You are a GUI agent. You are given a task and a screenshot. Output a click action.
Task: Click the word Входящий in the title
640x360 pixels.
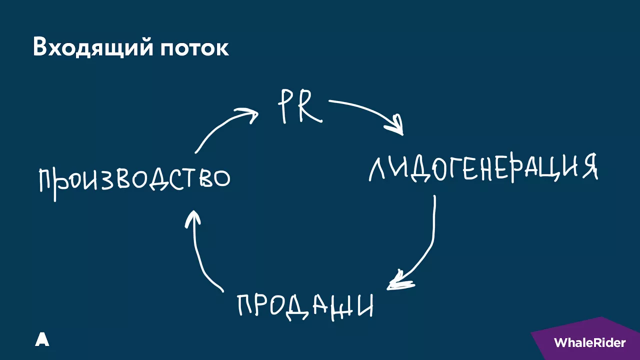click(93, 47)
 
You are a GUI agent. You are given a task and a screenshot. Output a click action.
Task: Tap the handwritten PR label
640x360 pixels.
click(300, 106)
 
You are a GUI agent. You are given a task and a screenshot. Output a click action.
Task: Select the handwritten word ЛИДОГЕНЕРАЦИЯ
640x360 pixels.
click(483, 168)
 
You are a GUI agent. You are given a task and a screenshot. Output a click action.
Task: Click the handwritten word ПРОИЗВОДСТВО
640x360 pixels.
click(134, 181)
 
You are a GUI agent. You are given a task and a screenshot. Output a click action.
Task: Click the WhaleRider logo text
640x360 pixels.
click(589, 342)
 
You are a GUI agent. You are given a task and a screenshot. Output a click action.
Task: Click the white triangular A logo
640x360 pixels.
click(42, 339)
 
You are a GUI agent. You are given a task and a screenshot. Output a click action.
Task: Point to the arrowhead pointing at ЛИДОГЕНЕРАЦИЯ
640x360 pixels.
click(395, 125)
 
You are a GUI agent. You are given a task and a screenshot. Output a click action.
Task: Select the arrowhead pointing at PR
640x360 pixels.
click(248, 115)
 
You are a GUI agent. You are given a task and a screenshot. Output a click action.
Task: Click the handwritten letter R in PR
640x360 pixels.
click(310, 106)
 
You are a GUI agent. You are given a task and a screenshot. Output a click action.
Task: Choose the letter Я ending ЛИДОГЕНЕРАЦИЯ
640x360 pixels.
click(589, 166)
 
